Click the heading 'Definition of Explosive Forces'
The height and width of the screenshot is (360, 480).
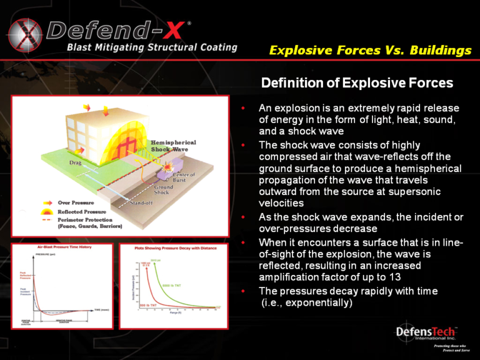tap(357, 83)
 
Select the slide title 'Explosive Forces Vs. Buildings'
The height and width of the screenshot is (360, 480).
tap(370, 51)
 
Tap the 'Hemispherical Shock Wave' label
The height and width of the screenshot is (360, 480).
tap(174, 146)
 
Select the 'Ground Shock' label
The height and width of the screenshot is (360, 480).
tap(164, 190)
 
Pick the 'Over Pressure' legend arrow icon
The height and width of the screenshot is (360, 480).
tap(47, 203)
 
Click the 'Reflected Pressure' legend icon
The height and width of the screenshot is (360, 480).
tap(47, 212)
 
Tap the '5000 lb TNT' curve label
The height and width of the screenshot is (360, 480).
tap(172, 286)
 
